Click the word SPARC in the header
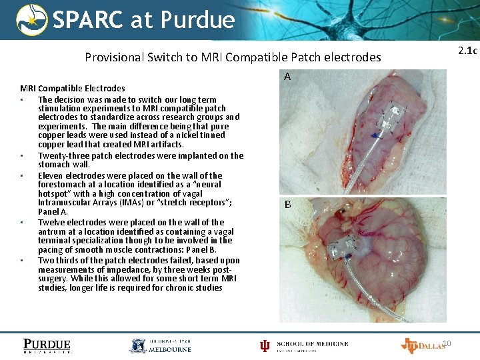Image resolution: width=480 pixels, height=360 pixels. click(x=88, y=20)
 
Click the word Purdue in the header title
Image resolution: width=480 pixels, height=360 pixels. click(x=197, y=20)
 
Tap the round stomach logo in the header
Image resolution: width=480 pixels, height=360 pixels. click(x=31, y=20)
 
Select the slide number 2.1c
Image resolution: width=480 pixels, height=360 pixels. click(x=467, y=51)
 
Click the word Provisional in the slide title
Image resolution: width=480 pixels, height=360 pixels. click(x=114, y=57)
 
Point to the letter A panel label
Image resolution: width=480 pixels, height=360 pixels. click(x=287, y=77)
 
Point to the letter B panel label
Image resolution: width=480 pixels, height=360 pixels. click(x=287, y=205)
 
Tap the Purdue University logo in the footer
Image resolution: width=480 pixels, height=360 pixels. click(x=47, y=345)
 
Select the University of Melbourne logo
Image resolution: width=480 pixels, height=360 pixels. click(x=160, y=345)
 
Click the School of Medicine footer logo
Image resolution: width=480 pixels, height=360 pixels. click(x=304, y=345)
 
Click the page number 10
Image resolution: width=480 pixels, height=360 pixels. click(x=447, y=343)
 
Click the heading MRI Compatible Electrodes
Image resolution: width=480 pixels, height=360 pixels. click(x=73, y=88)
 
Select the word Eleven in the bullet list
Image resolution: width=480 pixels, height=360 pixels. click(x=51, y=176)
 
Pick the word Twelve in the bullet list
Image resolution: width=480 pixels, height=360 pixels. click(x=52, y=223)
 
